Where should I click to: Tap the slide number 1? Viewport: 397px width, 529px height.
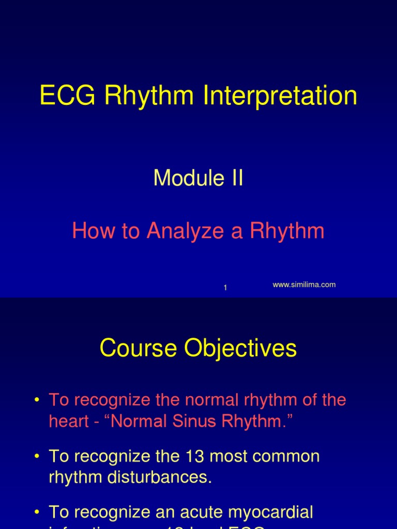point(225,288)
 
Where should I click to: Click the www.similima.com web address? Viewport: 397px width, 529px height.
point(304,285)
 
